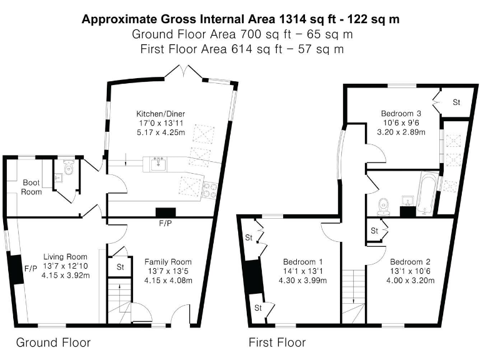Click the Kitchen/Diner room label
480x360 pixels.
pos(161,113)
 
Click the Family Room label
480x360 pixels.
pos(168,261)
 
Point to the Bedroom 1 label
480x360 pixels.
pos(303,261)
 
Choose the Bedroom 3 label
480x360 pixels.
pos(401,113)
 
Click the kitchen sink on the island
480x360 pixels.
pos(157,164)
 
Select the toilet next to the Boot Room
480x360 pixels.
pos(68,167)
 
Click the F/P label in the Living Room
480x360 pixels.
pos(30,269)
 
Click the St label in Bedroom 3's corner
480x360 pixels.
pos(456,102)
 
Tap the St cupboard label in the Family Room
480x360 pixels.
pos(120,268)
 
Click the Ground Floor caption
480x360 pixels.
pos(53,342)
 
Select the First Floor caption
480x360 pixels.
pos(277,342)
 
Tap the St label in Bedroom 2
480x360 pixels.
pos(374,231)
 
